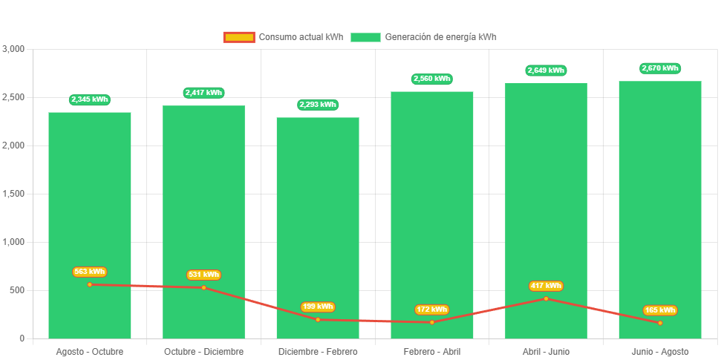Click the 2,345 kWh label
click(90, 99)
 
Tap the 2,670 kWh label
click(660, 68)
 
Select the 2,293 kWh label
click(318, 105)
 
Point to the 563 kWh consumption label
click(90, 272)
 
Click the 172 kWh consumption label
click(432, 310)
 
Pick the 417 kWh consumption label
click(546, 286)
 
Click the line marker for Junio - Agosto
click(660, 323)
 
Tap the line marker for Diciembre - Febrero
click(318, 319)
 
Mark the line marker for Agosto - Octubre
click(90, 284)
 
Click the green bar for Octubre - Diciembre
click(204, 208)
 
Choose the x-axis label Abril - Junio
click(546, 351)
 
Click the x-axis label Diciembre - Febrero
click(318, 351)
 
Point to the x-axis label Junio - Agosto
click(660, 351)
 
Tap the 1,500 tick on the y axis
click(14, 194)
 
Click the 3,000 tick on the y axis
click(14, 49)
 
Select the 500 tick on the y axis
click(17, 290)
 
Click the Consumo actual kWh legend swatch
click(239, 37)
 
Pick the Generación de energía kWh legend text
click(441, 37)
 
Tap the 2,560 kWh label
click(432, 79)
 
